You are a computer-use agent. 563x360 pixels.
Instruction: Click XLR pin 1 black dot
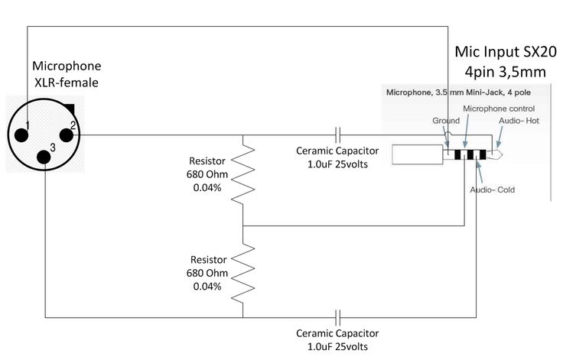(x=21, y=135)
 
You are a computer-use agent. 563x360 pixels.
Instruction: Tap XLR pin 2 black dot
(x=66, y=135)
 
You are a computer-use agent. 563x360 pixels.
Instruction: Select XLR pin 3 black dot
(x=44, y=157)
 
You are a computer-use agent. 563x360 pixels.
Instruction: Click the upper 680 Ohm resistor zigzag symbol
(x=243, y=174)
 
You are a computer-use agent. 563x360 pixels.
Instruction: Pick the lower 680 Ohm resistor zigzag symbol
(x=243, y=273)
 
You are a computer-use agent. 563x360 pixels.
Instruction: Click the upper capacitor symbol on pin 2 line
(x=337, y=135)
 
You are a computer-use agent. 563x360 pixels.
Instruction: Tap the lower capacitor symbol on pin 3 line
(x=337, y=318)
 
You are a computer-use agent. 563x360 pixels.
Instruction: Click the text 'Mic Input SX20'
(x=506, y=52)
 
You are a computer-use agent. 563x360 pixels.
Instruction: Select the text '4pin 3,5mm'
(x=505, y=72)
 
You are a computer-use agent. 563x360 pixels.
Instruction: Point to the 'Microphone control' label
(x=499, y=109)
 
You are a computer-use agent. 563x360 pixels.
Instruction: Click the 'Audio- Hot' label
(x=519, y=121)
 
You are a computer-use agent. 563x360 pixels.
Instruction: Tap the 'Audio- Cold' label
(x=493, y=190)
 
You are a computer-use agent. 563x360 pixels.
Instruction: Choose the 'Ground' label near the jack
(x=446, y=121)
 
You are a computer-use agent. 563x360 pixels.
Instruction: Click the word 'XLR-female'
(x=67, y=83)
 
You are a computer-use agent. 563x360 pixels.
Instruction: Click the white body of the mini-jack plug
(x=417, y=154)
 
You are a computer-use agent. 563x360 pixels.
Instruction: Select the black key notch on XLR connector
(x=70, y=109)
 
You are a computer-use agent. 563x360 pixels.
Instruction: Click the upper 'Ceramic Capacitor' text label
(x=337, y=151)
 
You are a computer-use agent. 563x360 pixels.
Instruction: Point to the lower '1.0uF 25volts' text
(x=337, y=347)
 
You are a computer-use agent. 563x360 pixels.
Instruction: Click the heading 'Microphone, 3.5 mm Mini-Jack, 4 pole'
(x=458, y=92)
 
